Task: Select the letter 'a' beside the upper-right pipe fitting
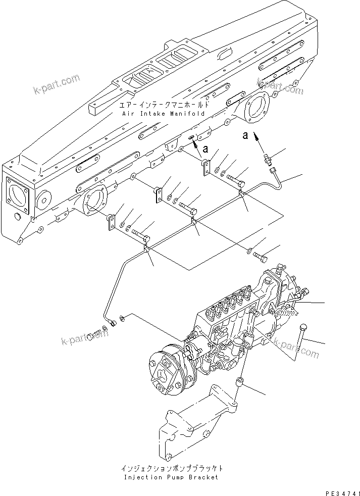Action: [x=246, y=135]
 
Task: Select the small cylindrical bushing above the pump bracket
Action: [x=241, y=383]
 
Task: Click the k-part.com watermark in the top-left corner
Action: [x=57, y=85]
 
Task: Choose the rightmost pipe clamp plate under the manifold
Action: [x=206, y=168]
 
